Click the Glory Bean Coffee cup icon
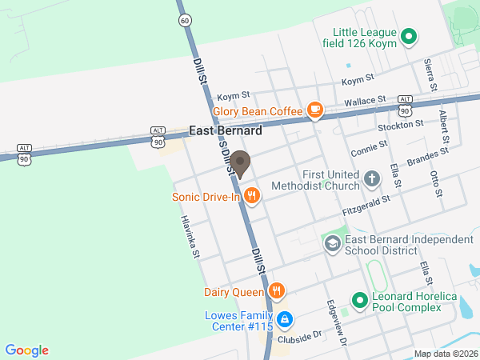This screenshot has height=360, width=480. (315, 111)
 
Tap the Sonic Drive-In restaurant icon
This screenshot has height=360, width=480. (252, 196)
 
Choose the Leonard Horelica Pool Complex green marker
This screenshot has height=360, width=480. (360, 302)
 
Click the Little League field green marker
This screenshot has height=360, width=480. (409, 36)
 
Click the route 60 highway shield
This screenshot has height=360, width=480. (186, 19)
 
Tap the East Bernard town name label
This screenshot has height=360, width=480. (226, 130)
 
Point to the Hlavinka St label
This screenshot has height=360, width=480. (189, 237)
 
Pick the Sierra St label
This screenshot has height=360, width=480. (429, 71)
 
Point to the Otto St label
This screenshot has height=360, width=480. (436, 183)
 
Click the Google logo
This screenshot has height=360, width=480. (27, 350)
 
